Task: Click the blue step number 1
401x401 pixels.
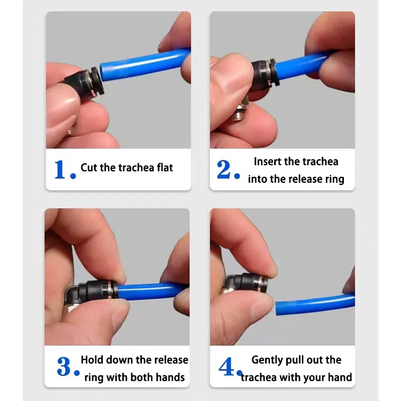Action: click(x=61, y=169)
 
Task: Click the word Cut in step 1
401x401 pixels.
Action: click(x=89, y=167)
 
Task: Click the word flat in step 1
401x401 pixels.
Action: click(x=161, y=167)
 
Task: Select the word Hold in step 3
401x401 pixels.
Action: click(x=92, y=360)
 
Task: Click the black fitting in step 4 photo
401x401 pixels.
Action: click(x=251, y=283)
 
